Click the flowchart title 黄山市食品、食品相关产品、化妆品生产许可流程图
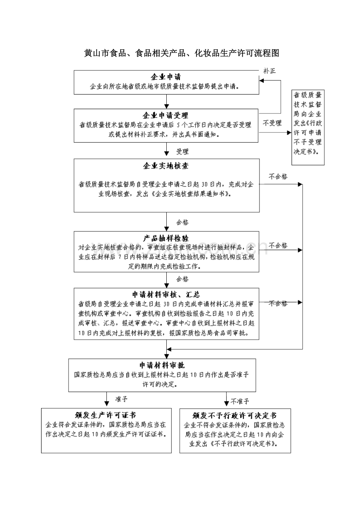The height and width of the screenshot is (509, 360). point(182,53)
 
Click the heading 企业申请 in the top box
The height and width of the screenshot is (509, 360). point(166,77)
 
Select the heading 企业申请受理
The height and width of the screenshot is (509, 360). point(166,115)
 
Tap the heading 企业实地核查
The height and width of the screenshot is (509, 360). point(166,166)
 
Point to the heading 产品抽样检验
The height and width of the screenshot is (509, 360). point(166,238)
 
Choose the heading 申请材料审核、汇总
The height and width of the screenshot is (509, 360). point(166,295)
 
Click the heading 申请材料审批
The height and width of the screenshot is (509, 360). point(162,365)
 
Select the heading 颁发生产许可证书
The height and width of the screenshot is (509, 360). point(105,416)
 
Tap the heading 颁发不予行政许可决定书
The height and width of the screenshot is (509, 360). point(234,416)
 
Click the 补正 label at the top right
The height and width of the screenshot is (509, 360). point(270,71)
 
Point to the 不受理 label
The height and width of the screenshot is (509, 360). point(272,123)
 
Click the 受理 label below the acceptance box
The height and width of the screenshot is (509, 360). point(182,152)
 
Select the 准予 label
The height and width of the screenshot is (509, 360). point(121,399)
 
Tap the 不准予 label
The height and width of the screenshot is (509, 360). point(240,401)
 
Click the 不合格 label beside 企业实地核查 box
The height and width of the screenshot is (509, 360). point(278,176)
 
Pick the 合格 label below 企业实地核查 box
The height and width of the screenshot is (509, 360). point(182,222)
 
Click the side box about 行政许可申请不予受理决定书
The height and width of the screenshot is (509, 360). point(308,127)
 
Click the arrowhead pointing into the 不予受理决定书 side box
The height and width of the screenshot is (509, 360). point(289,133)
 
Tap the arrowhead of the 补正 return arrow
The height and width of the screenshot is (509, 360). point(262,81)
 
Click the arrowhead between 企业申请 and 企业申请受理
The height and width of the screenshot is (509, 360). point(166,106)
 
